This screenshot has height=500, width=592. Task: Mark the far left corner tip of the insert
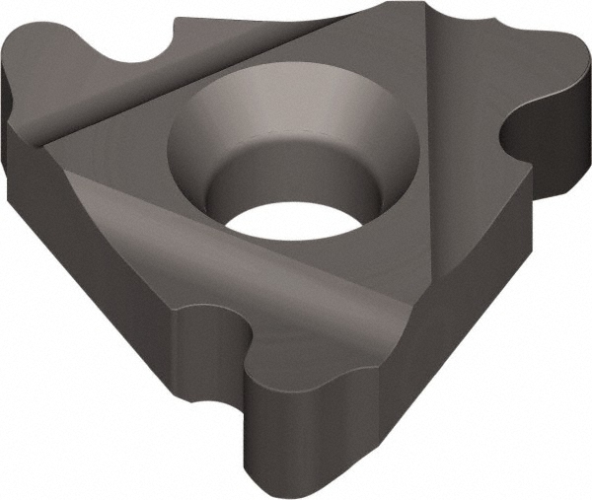click(x=8, y=108)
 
